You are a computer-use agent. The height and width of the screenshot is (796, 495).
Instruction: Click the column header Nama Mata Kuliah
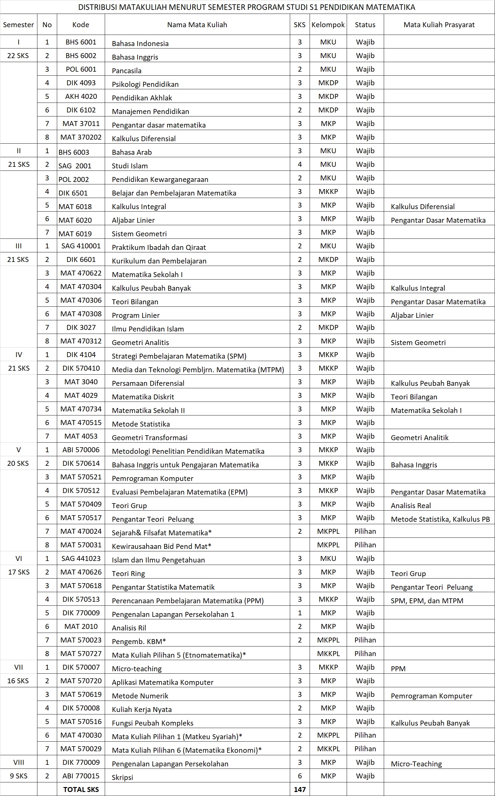(x=197, y=25)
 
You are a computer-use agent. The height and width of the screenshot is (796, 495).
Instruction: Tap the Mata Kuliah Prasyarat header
(x=439, y=25)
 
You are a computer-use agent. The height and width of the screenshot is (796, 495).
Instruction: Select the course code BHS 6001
(x=81, y=42)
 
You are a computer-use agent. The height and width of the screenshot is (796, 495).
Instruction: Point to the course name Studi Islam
(x=130, y=166)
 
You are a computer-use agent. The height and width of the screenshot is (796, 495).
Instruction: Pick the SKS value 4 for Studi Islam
(x=299, y=164)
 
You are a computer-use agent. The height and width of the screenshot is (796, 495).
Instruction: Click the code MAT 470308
(x=81, y=314)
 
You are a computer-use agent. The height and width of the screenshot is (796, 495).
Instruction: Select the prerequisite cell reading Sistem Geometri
(x=418, y=343)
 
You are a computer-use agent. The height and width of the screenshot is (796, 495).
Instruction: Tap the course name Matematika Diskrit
(x=143, y=397)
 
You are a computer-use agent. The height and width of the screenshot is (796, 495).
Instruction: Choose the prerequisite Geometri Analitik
(x=419, y=438)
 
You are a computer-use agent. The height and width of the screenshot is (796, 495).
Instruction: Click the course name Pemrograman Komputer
(x=153, y=478)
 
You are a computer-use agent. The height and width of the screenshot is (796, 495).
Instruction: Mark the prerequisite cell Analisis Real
(x=411, y=505)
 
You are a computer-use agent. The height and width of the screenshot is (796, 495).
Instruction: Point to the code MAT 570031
(x=81, y=545)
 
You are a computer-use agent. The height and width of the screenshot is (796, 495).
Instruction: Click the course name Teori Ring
(x=128, y=574)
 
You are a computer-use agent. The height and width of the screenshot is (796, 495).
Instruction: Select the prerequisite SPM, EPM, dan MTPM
(x=427, y=601)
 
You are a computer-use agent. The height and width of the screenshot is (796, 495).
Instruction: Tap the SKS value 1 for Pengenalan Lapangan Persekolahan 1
(x=299, y=613)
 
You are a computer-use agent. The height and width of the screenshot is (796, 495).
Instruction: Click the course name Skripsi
(x=122, y=777)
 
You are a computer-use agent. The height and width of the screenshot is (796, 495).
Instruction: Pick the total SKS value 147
(x=299, y=790)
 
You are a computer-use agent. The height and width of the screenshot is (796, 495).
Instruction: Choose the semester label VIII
(x=19, y=762)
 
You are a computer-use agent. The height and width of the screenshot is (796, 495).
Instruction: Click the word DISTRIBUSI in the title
(x=97, y=7)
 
